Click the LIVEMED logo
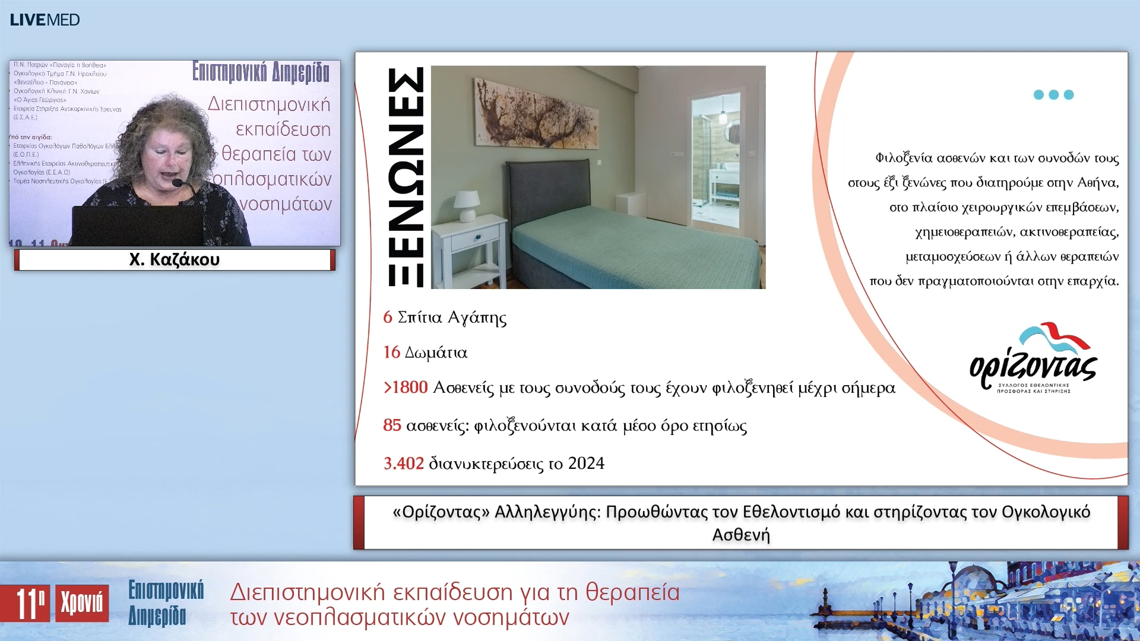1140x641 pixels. pyautogui.click(x=45, y=20)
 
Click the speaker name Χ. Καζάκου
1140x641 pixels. pyautogui.click(x=175, y=259)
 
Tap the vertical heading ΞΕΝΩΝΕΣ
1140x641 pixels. pyautogui.click(x=406, y=177)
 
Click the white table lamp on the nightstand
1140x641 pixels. pyautogui.click(x=467, y=205)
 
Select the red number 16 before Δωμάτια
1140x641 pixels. pyautogui.click(x=391, y=353)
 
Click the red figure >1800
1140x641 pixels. pyautogui.click(x=406, y=388)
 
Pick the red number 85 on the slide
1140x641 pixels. pyautogui.click(x=392, y=425)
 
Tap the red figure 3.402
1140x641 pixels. pyautogui.click(x=404, y=464)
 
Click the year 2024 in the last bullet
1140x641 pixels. pyautogui.click(x=586, y=464)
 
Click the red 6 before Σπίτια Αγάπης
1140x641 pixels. pyautogui.click(x=388, y=317)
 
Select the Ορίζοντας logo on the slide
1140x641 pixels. pyautogui.click(x=1034, y=358)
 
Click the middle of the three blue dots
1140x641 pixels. pyautogui.click(x=1053, y=95)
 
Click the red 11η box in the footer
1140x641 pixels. pyautogui.click(x=25, y=604)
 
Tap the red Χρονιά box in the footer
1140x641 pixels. pyautogui.click(x=82, y=604)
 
